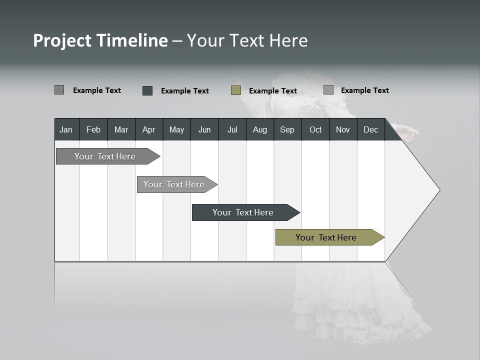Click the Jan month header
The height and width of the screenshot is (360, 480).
66,129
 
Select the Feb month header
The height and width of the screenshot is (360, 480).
93,129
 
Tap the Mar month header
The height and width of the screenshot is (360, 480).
121,129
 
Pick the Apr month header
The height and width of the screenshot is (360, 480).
149,129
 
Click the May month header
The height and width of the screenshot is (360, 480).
176,129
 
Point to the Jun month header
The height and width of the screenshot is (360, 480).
204,129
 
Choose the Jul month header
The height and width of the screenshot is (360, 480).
232,129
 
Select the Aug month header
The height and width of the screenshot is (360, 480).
260,129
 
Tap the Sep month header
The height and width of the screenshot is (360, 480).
287,129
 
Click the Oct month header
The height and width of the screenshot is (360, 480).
315,129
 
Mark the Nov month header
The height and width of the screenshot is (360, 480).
343,129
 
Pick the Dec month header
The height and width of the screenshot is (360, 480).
370,129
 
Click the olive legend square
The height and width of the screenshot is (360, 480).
236,90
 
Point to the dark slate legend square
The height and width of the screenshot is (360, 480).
147,90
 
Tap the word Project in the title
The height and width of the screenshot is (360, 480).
62,40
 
